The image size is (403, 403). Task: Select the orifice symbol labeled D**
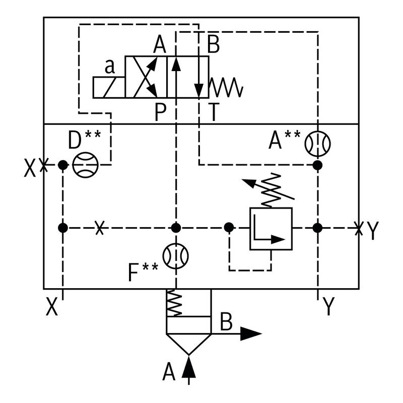(x=85, y=164)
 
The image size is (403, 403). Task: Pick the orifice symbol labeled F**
(x=176, y=255)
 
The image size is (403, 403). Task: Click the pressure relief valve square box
(x=271, y=228)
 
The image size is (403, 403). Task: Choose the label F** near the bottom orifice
(x=143, y=273)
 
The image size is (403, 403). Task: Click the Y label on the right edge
(x=372, y=231)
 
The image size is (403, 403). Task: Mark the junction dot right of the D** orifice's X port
(x=62, y=165)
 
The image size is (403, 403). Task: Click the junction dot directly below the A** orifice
(x=317, y=165)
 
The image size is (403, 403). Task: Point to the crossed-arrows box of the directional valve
(x=146, y=77)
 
